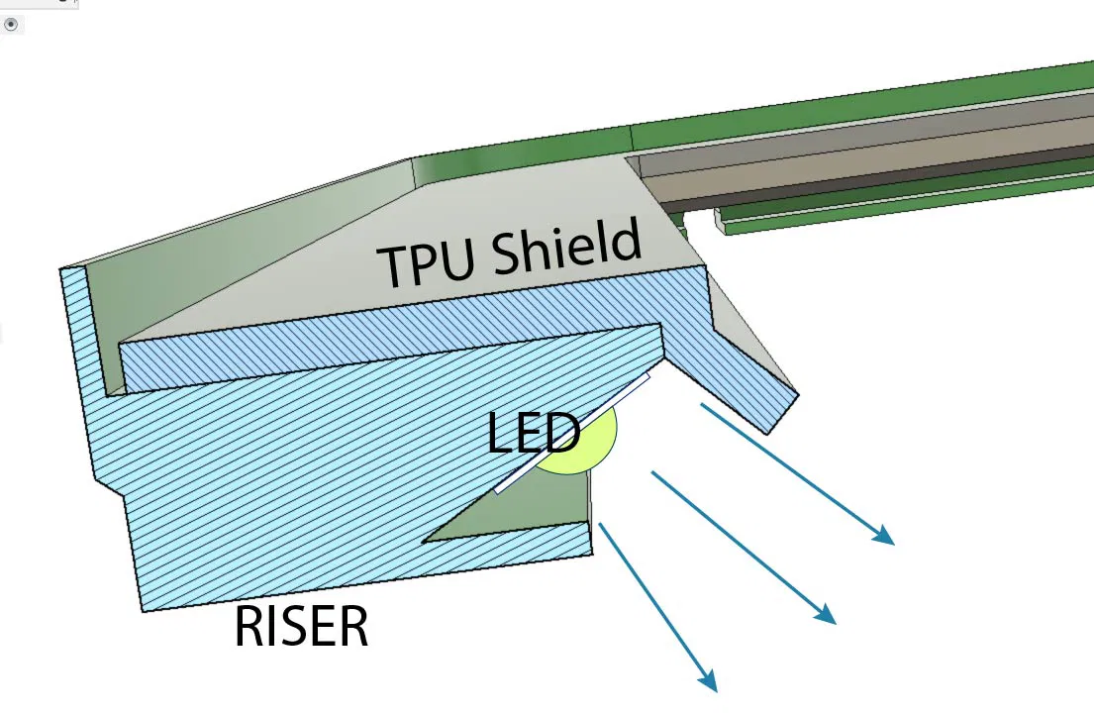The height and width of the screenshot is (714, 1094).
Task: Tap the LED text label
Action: (533, 434)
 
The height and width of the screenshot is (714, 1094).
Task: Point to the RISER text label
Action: (301, 627)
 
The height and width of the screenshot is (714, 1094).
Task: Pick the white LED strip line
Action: (572, 434)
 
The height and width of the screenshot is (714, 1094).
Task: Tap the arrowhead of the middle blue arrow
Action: (827, 615)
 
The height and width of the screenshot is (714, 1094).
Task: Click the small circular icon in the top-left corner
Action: (11, 25)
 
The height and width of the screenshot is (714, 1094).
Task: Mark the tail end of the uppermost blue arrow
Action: (702, 404)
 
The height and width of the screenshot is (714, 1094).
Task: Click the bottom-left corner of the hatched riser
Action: (145, 609)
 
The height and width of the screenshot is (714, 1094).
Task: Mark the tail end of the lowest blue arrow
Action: (600, 525)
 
